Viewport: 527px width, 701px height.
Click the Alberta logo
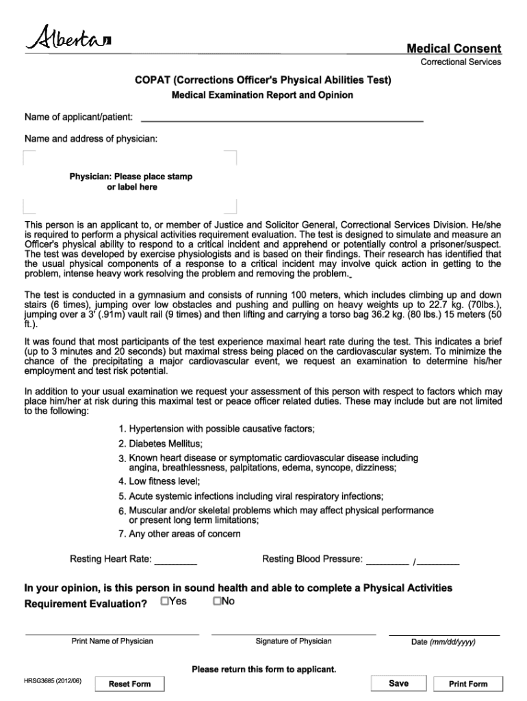click(x=68, y=38)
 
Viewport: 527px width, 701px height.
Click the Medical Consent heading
click(x=454, y=49)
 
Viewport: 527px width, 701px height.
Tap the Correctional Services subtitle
click(x=460, y=62)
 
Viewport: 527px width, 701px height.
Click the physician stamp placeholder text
click(x=131, y=181)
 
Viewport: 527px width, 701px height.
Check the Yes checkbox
click(x=165, y=601)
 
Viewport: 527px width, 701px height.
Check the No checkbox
click(x=217, y=601)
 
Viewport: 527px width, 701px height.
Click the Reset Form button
click(x=129, y=684)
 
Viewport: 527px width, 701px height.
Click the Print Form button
click(x=468, y=684)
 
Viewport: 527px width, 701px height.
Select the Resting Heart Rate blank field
click(x=176, y=560)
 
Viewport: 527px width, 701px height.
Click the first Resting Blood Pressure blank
click(x=387, y=560)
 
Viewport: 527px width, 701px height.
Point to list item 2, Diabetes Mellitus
click(x=166, y=444)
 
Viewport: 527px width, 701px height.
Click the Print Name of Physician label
click(x=112, y=641)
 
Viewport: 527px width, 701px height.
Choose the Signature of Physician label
click(x=293, y=641)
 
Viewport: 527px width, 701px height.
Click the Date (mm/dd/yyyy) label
click(x=443, y=642)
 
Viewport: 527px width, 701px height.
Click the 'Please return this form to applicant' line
click(x=263, y=669)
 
